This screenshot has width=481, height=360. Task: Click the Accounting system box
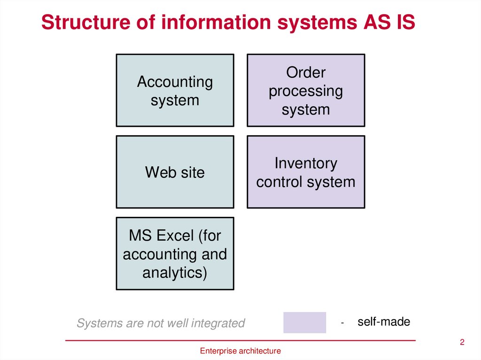click(x=175, y=91)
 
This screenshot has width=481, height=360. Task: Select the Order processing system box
click(x=306, y=91)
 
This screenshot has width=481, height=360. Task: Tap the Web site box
click(x=175, y=172)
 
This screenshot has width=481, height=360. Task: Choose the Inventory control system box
click(x=306, y=172)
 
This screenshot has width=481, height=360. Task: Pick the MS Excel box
click(x=175, y=253)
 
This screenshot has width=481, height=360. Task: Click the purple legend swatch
click(x=304, y=322)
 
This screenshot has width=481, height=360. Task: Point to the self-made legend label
click(x=384, y=322)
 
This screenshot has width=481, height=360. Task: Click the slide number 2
click(x=462, y=342)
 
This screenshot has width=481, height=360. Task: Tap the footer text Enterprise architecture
click(x=240, y=351)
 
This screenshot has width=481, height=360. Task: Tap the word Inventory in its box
click(x=306, y=163)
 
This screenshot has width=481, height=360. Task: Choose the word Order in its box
click(x=306, y=73)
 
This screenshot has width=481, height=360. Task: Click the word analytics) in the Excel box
click(x=175, y=273)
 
